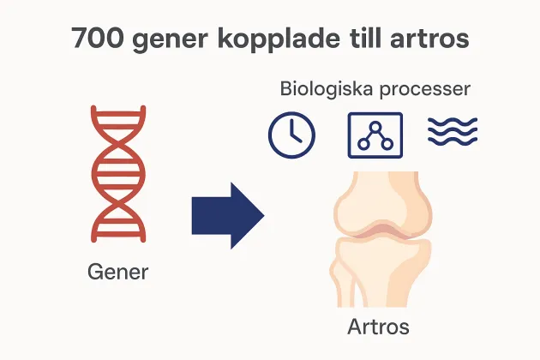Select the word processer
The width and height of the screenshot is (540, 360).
pyautogui.click(x=427, y=89)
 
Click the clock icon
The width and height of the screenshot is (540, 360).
pyautogui.click(x=291, y=135)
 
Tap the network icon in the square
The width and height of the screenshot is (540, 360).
pyautogui.click(x=374, y=135)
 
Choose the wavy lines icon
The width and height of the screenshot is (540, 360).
pyautogui.click(x=452, y=131)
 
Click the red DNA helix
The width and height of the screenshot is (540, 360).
pyautogui.click(x=117, y=174)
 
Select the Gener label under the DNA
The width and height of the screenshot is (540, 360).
pyautogui.click(x=118, y=273)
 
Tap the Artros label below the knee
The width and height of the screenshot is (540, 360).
pyautogui.click(x=378, y=327)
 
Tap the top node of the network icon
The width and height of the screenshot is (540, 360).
pyautogui.click(x=375, y=125)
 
